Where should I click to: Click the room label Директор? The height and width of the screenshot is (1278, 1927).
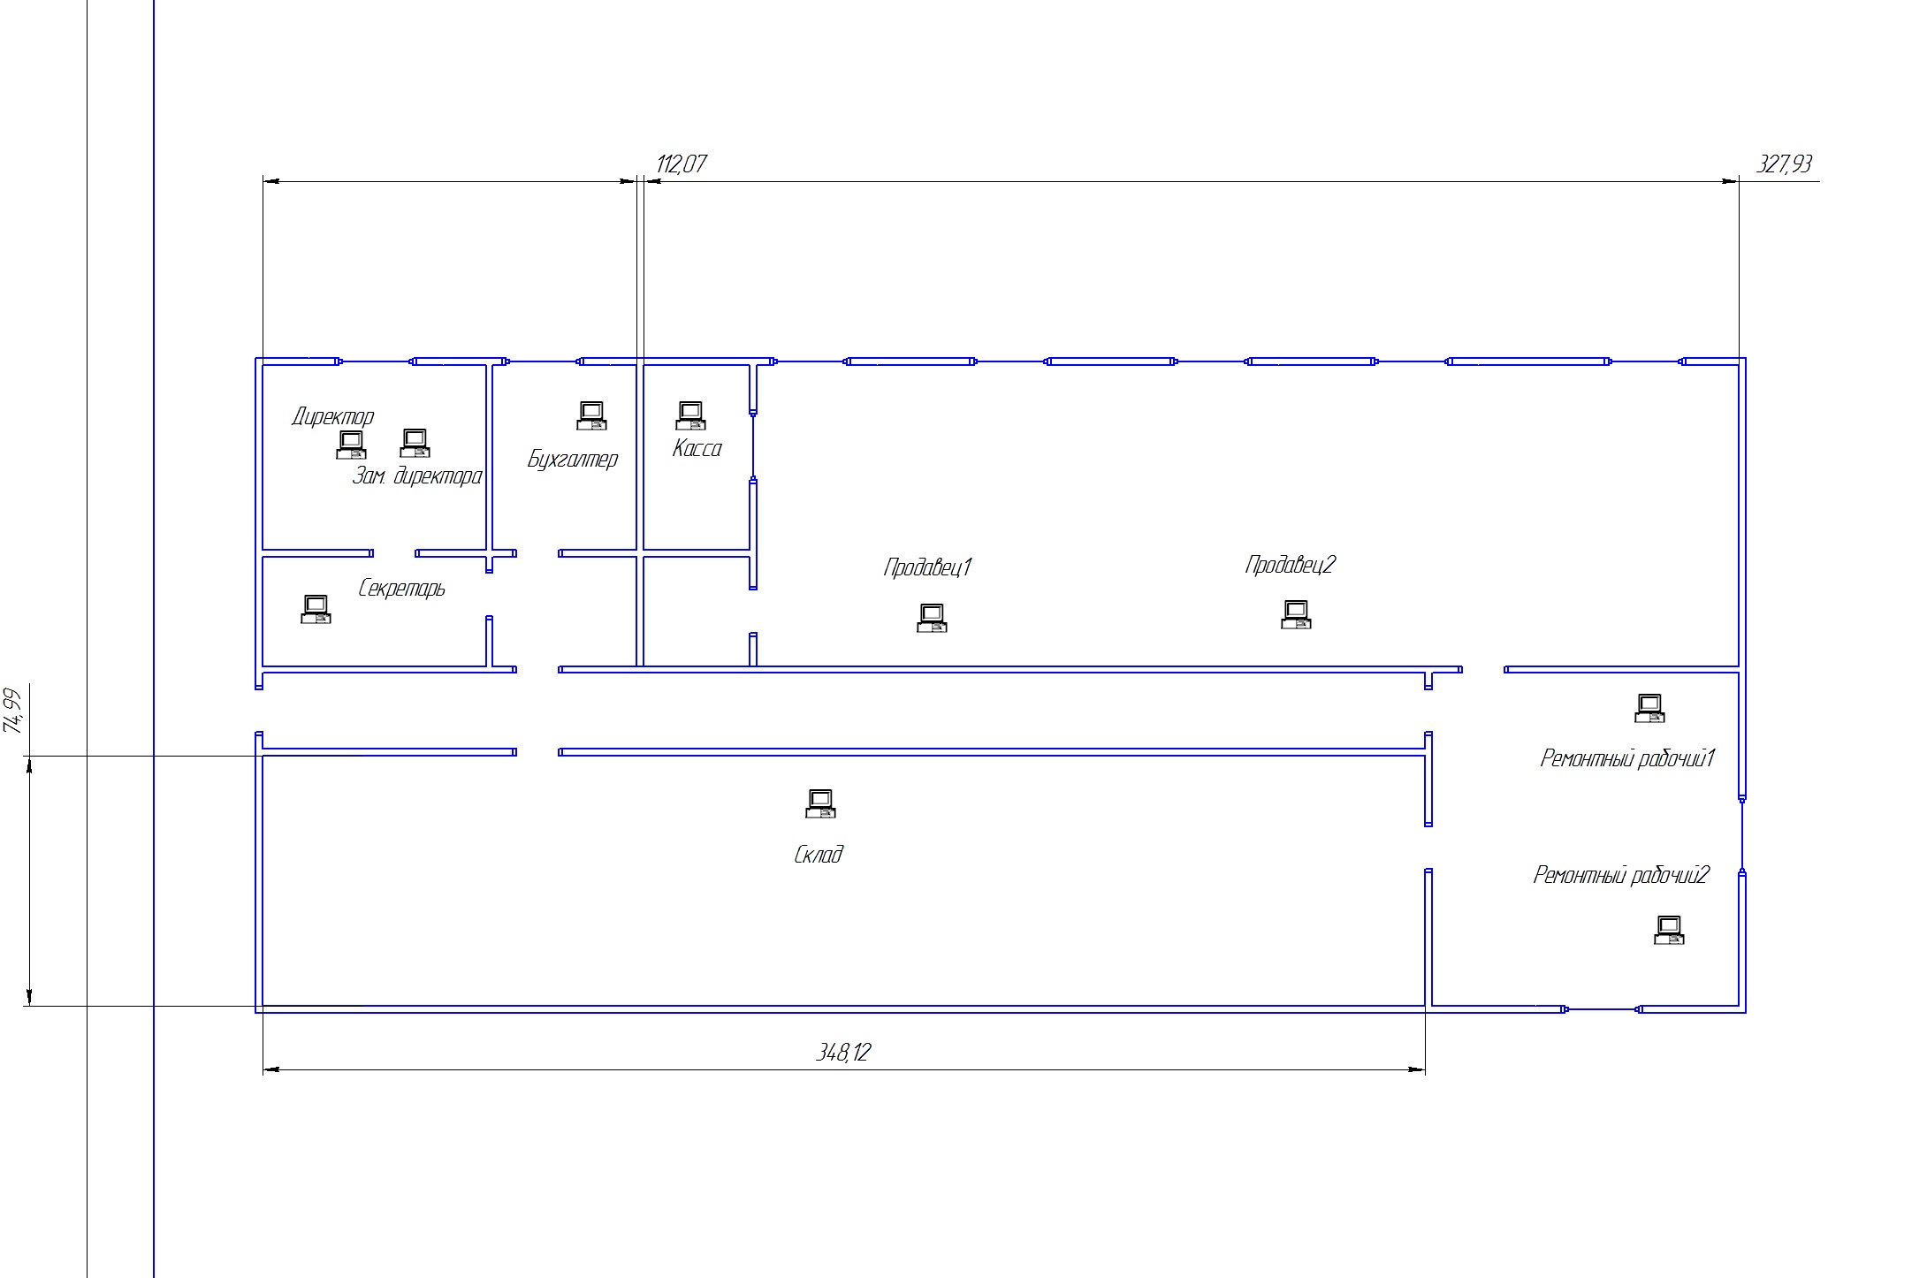click(333, 416)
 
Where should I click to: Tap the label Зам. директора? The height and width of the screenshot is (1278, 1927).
click(417, 475)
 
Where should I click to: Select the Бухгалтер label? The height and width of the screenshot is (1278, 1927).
click(573, 459)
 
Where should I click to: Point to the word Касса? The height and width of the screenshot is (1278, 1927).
click(697, 448)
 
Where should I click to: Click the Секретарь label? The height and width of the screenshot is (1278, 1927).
click(401, 588)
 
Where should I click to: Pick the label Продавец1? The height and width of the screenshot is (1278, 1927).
click(928, 567)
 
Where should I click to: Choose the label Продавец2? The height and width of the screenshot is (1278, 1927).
click(1291, 564)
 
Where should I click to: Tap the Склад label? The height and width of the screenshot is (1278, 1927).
click(819, 854)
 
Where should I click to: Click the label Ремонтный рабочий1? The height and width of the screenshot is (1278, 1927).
click(1627, 758)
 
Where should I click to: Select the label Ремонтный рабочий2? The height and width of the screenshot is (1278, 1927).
click(1621, 875)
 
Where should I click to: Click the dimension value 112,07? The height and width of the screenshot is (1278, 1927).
click(682, 164)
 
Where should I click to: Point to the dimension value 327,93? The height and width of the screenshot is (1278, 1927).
click(1784, 164)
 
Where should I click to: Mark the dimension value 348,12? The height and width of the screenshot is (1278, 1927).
click(843, 1052)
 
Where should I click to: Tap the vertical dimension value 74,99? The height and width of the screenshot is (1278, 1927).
click(12, 711)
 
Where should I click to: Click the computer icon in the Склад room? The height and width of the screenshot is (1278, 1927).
click(820, 803)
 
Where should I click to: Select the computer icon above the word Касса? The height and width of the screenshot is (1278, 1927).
click(690, 415)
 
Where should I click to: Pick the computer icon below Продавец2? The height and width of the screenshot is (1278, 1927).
click(1296, 614)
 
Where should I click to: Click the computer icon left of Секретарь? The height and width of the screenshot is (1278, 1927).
click(316, 609)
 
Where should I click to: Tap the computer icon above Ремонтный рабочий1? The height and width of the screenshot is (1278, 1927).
click(1649, 708)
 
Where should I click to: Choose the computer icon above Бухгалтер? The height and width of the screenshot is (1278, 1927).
click(591, 415)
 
